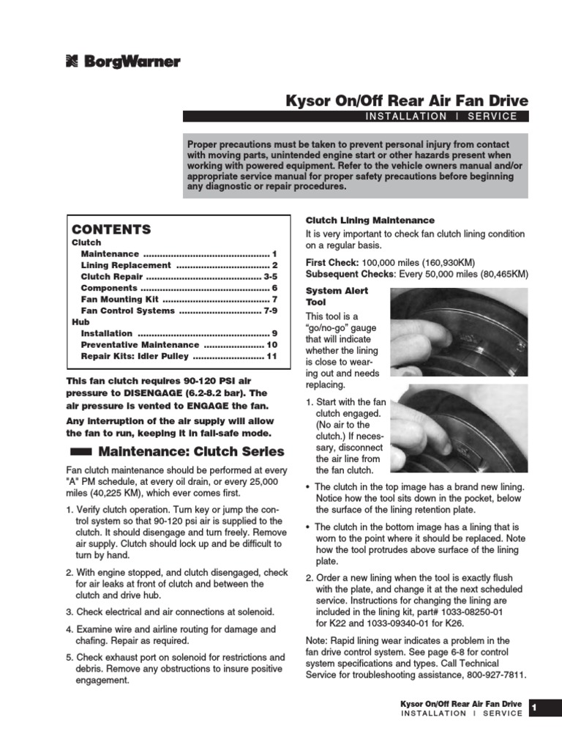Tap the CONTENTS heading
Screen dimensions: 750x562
[x=111, y=229]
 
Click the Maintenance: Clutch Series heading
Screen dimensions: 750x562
[x=191, y=451]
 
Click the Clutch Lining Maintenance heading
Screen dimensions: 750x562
[x=370, y=220]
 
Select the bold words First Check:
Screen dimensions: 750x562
[x=332, y=262]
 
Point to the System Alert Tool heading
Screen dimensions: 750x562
[x=326, y=296]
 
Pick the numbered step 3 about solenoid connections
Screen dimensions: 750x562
[x=170, y=612]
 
